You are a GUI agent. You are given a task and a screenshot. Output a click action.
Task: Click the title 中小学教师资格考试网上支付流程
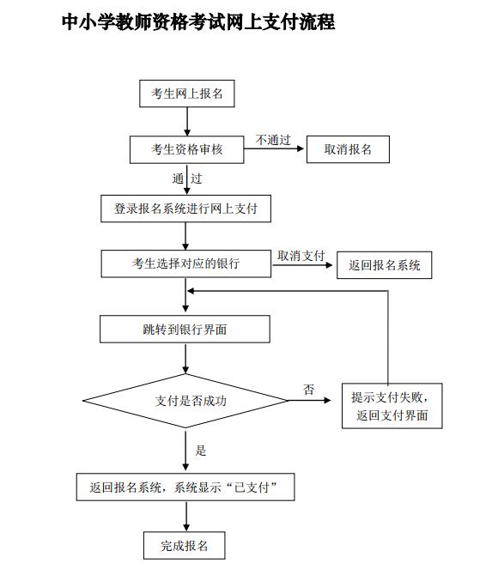(x=198, y=22)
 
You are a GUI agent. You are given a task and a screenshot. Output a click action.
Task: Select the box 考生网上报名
(x=186, y=94)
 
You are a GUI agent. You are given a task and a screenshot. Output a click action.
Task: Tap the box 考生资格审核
(x=186, y=149)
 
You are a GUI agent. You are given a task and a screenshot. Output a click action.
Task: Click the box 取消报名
(x=348, y=149)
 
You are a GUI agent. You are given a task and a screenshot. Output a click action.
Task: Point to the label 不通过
(x=273, y=140)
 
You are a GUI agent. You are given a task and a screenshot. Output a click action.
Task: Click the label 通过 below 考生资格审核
(x=186, y=179)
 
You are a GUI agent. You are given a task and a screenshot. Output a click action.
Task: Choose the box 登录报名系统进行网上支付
(x=186, y=209)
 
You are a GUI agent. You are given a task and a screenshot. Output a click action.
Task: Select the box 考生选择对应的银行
(x=186, y=263)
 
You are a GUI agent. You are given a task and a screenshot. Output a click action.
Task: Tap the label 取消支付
(x=301, y=256)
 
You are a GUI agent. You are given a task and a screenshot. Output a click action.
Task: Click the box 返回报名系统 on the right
(x=384, y=265)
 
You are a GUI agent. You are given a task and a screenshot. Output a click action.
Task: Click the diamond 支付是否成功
(x=185, y=401)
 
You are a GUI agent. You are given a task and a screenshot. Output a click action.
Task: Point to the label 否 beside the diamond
(x=308, y=390)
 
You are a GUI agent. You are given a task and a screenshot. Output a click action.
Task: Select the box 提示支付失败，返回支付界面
(x=392, y=406)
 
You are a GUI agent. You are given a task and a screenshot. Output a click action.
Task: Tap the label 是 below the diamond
(x=201, y=451)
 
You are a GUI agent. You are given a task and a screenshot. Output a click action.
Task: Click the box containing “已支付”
(x=186, y=487)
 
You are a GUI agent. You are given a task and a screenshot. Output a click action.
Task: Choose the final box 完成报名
(x=185, y=545)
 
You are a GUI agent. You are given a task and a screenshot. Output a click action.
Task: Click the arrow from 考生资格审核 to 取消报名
(x=275, y=150)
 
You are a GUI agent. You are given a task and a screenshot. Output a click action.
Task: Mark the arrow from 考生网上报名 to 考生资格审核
(x=186, y=122)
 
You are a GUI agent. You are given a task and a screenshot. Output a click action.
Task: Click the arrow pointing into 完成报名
(x=186, y=517)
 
